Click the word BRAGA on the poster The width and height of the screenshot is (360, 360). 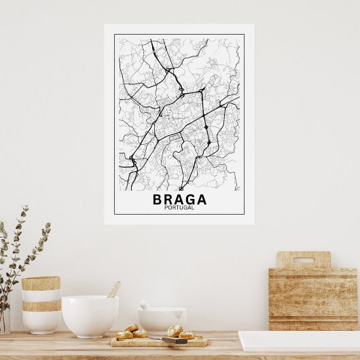click(x=179, y=199)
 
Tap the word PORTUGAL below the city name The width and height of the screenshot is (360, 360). click(x=179, y=208)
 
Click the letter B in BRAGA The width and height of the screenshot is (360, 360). click(x=158, y=199)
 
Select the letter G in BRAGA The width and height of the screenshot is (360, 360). click(x=190, y=199)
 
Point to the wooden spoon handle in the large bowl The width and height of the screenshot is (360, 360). click(x=113, y=289)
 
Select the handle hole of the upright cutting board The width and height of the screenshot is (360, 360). click(x=303, y=259)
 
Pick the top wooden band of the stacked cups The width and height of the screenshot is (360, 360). click(x=41, y=283)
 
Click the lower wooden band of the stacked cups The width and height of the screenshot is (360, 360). click(x=41, y=306)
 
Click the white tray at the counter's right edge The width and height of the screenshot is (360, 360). click(x=299, y=340)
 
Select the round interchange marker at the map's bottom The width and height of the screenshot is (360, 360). click(x=181, y=188)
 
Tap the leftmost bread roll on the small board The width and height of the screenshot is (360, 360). click(x=124, y=335)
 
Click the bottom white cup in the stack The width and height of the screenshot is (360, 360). click(x=41, y=321)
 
